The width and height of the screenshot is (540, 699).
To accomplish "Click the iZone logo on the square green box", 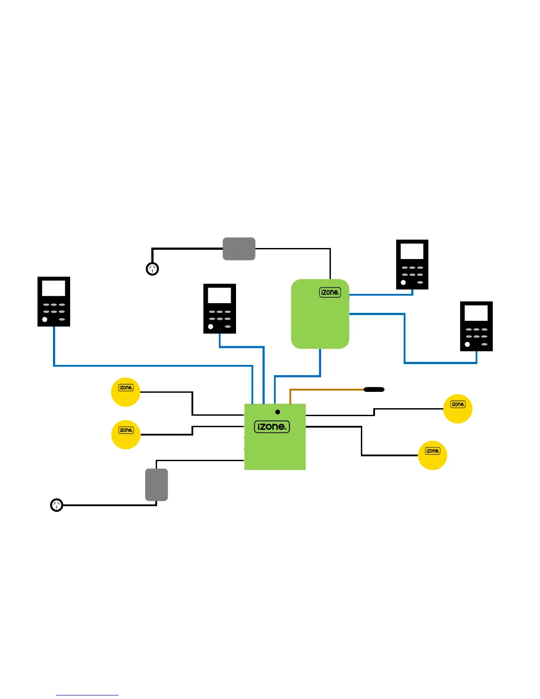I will pyautogui.click(x=272, y=427).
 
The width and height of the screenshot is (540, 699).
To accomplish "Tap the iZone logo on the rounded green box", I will pyautogui.click(x=330, y=292).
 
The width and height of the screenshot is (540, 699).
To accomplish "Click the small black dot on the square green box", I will pyautogui.click(x=277, y=412).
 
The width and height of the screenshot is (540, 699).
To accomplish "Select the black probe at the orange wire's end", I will pyautogui.click(x=374, y=390).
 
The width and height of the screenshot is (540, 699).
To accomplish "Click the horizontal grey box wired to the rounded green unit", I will pyautogui.click(x=239, y=249).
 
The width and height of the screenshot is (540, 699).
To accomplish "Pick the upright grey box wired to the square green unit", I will pyautogui.click(x=157, y=485).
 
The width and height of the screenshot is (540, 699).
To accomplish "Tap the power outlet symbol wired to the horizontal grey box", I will pyautogui.click(x=152, y=269).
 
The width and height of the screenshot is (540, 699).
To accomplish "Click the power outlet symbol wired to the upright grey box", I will pyautogui.click(x=56, y=505).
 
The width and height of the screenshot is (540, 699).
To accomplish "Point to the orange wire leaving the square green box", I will pyautogui.click(x=326, y=390).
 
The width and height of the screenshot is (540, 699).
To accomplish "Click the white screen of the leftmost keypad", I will pyautogui.click(x=53, y=289).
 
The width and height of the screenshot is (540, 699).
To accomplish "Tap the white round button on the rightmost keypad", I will pyautogui.click(x=467, y=344).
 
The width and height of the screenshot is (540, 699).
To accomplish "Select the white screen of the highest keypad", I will pyautogui.click(x=412, y=252).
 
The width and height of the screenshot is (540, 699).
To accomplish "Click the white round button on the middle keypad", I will pyautogui.click(x=210, y=327).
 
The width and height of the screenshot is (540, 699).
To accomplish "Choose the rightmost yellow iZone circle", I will pyautogui.click(x=457, y=409).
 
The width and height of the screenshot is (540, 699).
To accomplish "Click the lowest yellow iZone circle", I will pyautogui.click(x=432, y=455).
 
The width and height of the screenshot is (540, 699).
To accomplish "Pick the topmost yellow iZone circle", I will pyautogui.click(x=126, y=392).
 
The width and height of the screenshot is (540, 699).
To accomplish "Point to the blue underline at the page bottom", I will pyautogui.click(x=87, y=695).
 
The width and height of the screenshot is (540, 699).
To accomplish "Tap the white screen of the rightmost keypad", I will pyautogui.click(x=476, y=313).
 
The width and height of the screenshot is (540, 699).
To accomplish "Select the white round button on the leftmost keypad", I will pyautogui.click(x=45, y=319).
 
